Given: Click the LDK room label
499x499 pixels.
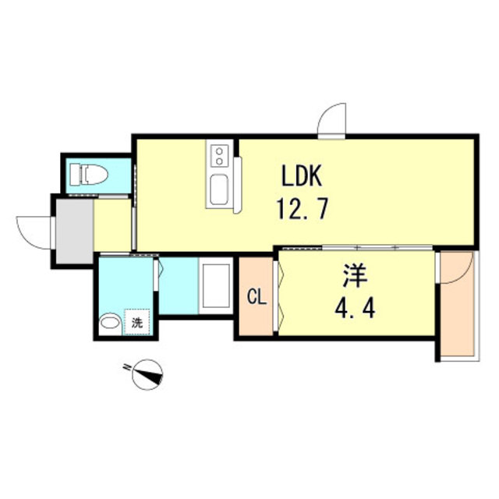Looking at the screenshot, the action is (x=302, y=175).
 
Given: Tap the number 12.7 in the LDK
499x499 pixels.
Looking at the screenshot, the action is (x=302, y=208).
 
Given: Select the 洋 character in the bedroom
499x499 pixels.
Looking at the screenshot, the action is (x=356, y=277).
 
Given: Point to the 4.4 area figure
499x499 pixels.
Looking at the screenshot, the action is (x=355, y=309).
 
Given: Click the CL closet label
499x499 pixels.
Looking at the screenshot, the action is (x=257, y=298).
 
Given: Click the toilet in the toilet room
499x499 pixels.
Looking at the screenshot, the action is (x=89, y=174).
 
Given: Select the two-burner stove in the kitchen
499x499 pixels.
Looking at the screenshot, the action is (x=219, y=155).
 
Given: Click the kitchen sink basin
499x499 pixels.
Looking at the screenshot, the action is (x=219, y=190).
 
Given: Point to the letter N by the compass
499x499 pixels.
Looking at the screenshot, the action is (x=127, y=367).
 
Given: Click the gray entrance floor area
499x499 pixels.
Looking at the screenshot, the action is (x=75, y=232).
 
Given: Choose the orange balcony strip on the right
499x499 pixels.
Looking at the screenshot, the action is (x=457, y=304).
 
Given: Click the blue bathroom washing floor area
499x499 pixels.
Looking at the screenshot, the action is (x=179, y=286).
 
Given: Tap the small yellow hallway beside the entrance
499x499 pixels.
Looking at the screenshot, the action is (x=112, y=225).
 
